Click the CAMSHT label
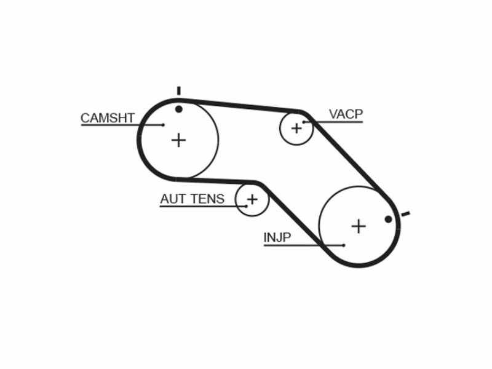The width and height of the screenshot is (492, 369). (108, 118)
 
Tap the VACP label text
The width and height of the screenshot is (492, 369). (346, 114)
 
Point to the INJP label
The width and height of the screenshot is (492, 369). (277, 237)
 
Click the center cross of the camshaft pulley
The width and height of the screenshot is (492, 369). (178, 140)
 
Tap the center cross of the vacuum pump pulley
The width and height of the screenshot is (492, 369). (296, 128)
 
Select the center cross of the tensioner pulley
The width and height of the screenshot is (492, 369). (252, 199)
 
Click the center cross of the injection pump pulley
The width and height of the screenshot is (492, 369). (359, 226)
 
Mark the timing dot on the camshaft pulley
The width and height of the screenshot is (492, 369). (179, 109)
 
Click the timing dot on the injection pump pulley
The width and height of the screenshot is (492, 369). (388, 220)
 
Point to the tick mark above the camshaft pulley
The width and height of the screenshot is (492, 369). (179, 90)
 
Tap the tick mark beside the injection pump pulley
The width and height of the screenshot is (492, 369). (405, 214)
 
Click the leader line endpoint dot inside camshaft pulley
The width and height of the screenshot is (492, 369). (163, 125)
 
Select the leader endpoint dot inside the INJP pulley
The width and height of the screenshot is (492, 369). (344, 245)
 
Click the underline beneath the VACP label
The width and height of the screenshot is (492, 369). (333, 122)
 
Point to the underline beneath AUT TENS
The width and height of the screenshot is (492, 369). (204, 207)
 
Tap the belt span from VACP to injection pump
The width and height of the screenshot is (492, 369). (351, 157)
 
